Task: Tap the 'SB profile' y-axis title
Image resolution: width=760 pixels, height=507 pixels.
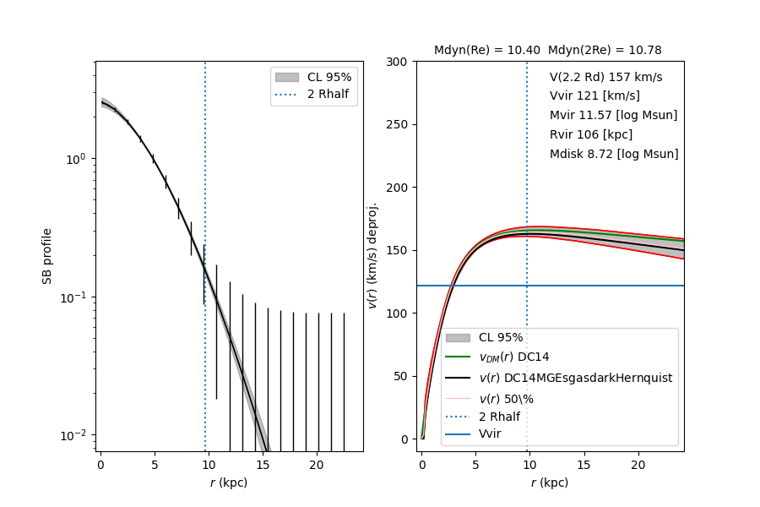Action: [48, 256]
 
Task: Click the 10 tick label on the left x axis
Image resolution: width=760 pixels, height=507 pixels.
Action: [209, 465]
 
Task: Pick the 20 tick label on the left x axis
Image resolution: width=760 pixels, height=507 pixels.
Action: [317, 465]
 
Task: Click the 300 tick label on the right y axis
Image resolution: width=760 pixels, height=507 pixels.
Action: [398, 62]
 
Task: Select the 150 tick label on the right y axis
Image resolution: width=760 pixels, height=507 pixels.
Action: [398, 250]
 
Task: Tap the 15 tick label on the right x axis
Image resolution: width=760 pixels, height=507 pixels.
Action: [584, 465]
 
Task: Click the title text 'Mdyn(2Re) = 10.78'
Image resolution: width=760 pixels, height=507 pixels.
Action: [605, 51]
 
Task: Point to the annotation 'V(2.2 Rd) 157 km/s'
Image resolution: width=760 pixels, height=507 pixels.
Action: [605, 77]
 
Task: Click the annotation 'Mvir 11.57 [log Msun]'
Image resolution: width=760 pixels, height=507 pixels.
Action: [613, 115]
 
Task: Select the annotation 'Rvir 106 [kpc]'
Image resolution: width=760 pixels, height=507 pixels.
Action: [590, 134]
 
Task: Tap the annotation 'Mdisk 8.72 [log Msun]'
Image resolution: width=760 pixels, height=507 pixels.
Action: [613, 154]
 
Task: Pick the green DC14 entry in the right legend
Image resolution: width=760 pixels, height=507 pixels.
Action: [514, 357]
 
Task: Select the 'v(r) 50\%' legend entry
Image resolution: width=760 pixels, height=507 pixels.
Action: [507, 398]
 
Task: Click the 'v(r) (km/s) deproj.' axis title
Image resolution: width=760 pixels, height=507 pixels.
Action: [372, 255]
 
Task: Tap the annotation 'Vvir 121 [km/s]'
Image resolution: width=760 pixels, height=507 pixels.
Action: [594, 95]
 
